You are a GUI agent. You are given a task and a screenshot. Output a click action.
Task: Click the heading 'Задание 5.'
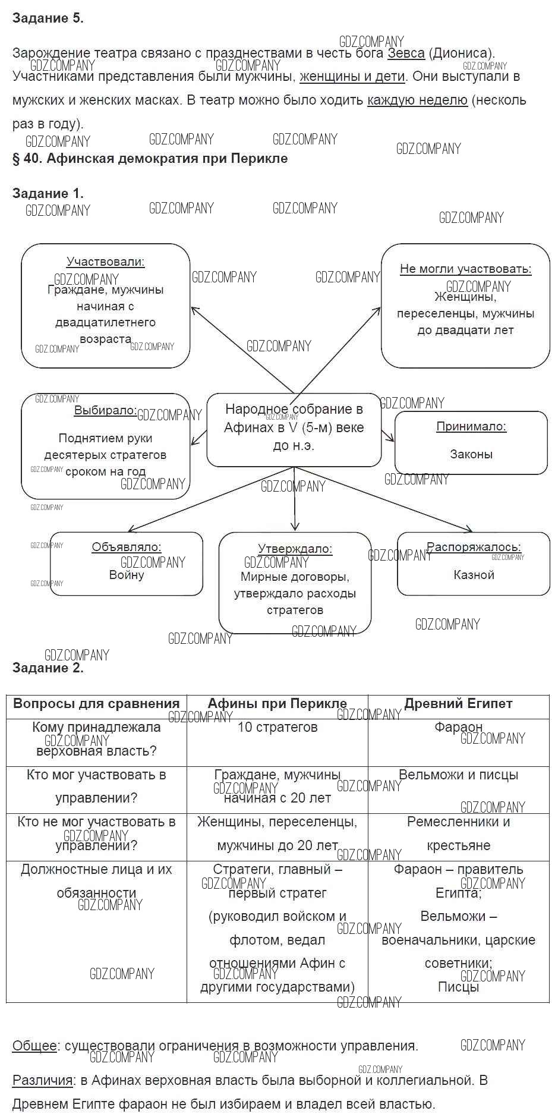point(48,18)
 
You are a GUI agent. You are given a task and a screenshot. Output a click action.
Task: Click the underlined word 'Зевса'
point(406,54)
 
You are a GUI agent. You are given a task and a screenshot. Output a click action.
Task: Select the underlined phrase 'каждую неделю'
point(417,100)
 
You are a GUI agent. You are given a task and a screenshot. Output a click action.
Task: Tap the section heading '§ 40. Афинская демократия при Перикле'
point(150,159)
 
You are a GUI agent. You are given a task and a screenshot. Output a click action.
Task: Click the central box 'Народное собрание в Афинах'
point(294,427)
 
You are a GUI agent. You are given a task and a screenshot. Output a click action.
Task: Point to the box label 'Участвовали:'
point(106,262)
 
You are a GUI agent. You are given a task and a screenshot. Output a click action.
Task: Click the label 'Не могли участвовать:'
point(465,269)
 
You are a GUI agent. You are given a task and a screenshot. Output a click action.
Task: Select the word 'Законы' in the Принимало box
point(471,454)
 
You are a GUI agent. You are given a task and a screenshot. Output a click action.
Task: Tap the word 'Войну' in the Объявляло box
point(127,575)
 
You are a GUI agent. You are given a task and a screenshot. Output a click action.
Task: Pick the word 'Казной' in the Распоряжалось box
point(474,575)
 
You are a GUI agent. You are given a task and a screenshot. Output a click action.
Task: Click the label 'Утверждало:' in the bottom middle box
point(295,549)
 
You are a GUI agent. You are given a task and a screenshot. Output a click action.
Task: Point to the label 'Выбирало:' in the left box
point(105,411)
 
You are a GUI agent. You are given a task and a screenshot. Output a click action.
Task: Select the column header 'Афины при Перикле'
point(277,704)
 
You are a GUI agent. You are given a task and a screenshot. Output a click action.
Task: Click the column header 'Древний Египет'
point(458,704)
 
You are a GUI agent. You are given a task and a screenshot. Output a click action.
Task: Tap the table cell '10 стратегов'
point(277,727)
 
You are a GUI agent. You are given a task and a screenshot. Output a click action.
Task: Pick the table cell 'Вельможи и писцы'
point(458,775)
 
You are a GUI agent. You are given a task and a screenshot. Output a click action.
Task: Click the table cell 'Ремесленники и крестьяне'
point(458,833)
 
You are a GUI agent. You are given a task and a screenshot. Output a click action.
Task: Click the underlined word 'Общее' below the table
point(34,1046)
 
